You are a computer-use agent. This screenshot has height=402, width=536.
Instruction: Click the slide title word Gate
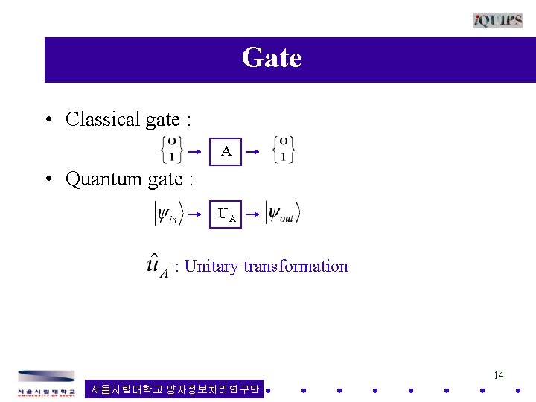click(272, 58)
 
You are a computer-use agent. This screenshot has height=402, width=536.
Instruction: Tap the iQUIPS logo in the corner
click(497, 20)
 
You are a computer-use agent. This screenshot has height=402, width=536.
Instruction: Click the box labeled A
click(226, 151)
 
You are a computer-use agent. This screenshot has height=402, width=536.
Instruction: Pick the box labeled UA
click(226, 216)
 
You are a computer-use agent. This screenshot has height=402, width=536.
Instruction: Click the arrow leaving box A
click(254, 151)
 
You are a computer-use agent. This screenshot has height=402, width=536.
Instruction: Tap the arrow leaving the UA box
click(254, 216)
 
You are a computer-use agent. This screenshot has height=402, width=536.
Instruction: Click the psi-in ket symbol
click(168, 214)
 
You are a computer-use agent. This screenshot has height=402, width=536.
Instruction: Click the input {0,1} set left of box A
click(171, 149)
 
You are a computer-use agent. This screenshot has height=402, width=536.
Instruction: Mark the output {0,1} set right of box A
click(284, 149)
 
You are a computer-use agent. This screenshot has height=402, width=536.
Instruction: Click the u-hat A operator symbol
click(156, 266)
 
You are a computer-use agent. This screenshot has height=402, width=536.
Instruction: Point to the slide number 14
click(499, 375)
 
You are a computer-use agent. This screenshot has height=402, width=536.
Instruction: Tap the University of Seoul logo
click(46, 383)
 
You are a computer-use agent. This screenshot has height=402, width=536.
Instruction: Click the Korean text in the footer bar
click(174, 389)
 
